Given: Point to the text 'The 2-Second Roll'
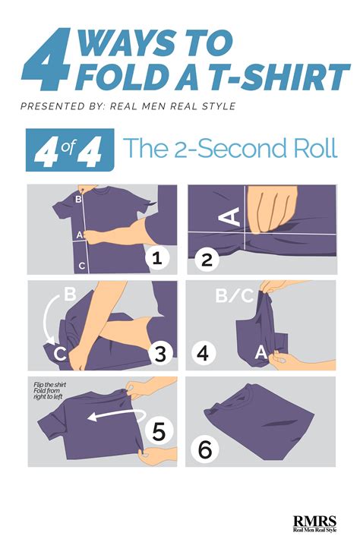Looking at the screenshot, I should pyautogui.click(x=230, y=148).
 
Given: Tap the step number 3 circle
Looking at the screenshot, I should pyautogui.click(x=159, y=354).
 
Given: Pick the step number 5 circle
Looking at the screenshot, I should pyautogui.click(x=158, y=431).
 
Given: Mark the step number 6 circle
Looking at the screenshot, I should pyautogui.click(x=204, y=448).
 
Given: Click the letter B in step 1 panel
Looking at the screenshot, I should pyautogui.click(x=77, y=201).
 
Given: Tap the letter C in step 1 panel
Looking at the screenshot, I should pyautogui.click(x=82, y=266).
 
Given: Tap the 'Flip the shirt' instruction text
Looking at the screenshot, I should pyautogui.click(x=49, y=389).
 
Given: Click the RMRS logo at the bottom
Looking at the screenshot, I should pyautogui.click(x=319, y=521).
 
